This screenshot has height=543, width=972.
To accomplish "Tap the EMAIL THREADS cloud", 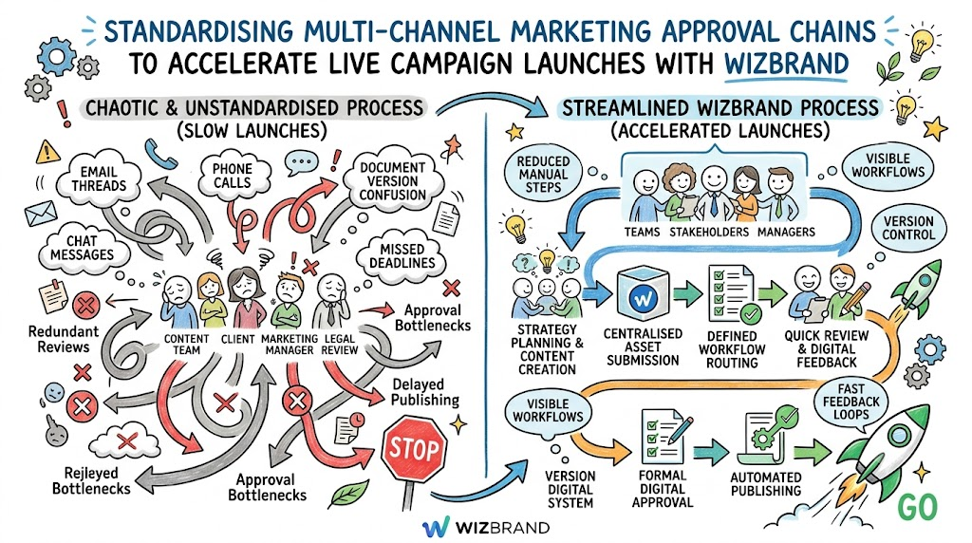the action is [x=99, y=178].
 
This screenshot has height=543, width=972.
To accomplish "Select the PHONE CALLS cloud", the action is [x=234, y=176].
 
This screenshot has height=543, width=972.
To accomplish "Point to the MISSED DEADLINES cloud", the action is [x=402, y=256].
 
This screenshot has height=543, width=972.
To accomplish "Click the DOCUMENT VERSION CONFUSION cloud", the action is [x=392, y=180].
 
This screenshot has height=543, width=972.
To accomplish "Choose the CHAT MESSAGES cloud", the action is [x=82, y=248].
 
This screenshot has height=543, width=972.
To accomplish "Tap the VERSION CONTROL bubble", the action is [x=908, y=228].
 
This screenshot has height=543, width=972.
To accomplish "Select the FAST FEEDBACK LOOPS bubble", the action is [x=850, y=401].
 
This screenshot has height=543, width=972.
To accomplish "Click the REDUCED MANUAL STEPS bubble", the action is [x=543, y=174].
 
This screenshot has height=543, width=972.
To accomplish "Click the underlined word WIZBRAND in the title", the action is [x=786, y=65].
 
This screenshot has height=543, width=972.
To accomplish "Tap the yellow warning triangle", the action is [x=48, y=152].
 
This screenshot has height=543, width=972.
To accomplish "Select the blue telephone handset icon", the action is [x=160, y=153].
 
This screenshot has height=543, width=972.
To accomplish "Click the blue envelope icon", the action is [x=41, y=214].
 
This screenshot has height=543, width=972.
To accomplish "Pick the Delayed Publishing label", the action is [x=425, y=392].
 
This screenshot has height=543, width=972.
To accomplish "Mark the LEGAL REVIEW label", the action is [x=340, y=345].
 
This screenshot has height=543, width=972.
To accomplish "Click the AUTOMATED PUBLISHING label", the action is [x=766, y=484].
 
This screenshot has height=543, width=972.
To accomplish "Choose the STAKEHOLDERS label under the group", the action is [x=709, y=233].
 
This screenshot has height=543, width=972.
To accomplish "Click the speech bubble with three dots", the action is [x=301, y=163].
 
